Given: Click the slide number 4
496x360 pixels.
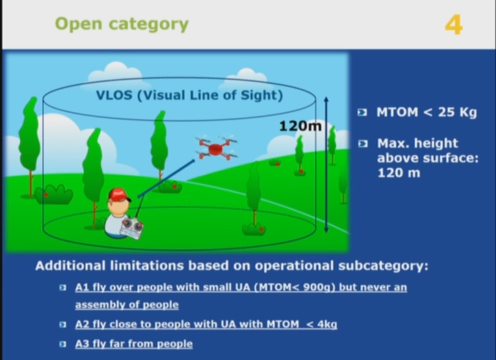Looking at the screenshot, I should click(453, 24).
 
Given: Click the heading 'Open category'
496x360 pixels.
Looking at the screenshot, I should click(121, 24).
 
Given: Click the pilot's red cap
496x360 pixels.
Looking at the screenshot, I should click(118, 194).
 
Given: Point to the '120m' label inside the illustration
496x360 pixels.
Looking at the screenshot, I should click(299, 126).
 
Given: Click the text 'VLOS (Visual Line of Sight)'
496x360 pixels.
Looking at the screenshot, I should click(189, 96).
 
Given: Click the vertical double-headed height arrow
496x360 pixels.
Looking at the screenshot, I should click(326, 164).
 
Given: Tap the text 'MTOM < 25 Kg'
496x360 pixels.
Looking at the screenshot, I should click(427, 113).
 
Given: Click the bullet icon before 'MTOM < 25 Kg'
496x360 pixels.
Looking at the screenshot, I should click(362, 113).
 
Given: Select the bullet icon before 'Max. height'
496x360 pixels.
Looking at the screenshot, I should click(362, 143).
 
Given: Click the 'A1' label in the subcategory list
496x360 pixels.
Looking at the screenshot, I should click(82, 287).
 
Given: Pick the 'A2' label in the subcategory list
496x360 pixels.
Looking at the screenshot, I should click(82, 325).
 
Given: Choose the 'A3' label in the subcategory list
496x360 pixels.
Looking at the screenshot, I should click(82, 344).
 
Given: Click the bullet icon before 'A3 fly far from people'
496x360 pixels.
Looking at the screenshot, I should click(62, 344).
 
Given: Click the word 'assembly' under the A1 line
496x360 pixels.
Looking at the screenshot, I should click(98, 305).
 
